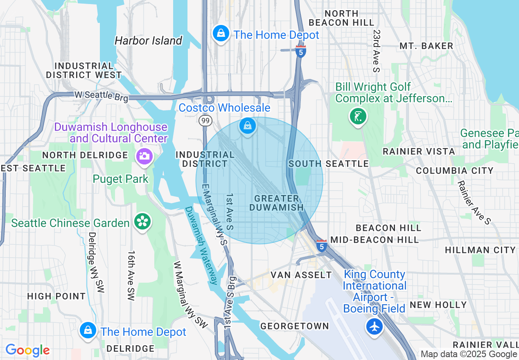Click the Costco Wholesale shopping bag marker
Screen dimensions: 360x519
(x=248, y=126)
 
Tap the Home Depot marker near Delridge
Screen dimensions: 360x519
(x=88, y=330)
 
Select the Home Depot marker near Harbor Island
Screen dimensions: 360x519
(x=221, y=33)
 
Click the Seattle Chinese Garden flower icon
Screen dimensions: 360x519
(x=143, y=222)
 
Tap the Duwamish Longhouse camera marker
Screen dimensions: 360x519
(x=144, y=156)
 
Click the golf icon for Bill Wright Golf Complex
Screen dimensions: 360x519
(x=358, y=117)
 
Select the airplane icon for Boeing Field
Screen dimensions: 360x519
(x=374, y=326)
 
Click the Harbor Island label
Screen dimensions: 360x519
(x=148, y=40)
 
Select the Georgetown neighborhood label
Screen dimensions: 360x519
(x=295, y=326)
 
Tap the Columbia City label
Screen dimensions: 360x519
(x=455, y=171)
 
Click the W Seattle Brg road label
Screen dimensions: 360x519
(x=101, y=96)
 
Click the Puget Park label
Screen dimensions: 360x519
(x=121, y=179)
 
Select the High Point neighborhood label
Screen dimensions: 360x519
(x=56, y=296)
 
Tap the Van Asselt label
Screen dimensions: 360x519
(x=301, y=275)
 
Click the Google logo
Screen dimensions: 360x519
(x=27, y=350)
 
